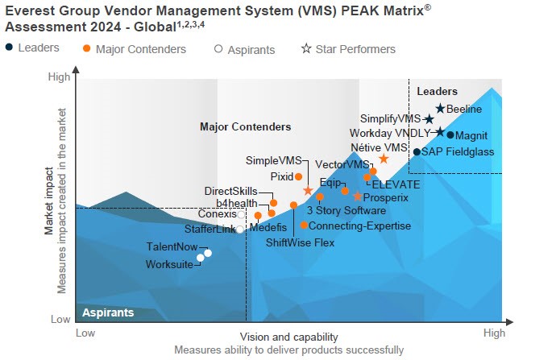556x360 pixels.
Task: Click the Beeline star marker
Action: point(440,109)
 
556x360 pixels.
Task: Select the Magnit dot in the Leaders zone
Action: point(450,134)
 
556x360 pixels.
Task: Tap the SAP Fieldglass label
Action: point(458,151)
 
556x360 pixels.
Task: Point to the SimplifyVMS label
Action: point(391,119)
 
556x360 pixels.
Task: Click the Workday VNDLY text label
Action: point(391,133)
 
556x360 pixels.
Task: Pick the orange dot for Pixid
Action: point(299,176)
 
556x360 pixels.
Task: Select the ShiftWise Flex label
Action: point(300,242)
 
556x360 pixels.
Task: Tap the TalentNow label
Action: point(172,246)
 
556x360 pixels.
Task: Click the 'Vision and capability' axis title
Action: point(289,337)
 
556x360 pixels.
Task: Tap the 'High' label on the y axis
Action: point(59,77)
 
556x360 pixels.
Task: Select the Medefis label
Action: point(268,228)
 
